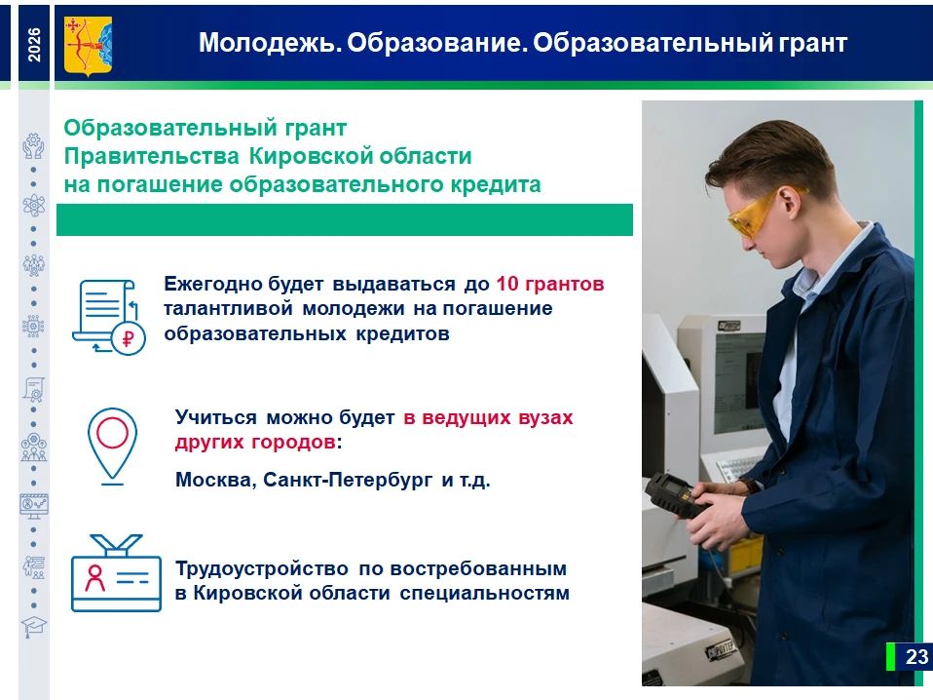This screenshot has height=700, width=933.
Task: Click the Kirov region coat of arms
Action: click(88, 45)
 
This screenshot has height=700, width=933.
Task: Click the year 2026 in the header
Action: click(34, 44)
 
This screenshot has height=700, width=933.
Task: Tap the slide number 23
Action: click(916, 656)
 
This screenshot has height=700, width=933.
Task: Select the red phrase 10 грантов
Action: click(550, 284)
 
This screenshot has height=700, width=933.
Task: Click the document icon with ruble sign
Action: click(108, 317)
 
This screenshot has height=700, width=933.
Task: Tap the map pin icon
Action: click(112, 446)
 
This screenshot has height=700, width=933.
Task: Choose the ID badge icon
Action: click(116, 572)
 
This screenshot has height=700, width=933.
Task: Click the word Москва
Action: click(216, 480)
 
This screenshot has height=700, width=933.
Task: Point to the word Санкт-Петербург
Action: click(348, 481)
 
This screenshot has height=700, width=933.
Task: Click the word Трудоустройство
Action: click(262, 569)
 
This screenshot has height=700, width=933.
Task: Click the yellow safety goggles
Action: click(761, 211)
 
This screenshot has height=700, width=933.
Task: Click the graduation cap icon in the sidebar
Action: click(33, 627)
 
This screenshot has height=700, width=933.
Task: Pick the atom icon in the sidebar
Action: click(33, 206)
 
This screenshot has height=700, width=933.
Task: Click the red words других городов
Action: click(254, 443)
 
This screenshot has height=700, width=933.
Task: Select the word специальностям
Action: click(484, 594)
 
